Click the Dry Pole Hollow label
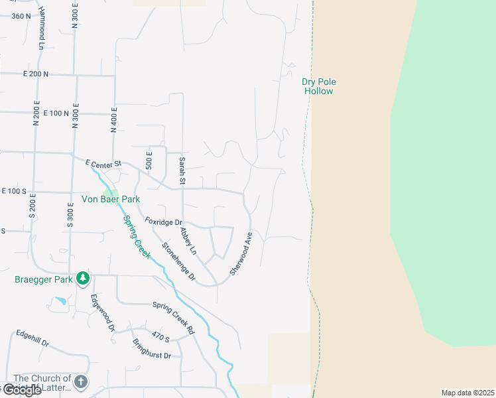[x=319, y=86]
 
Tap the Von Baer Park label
[x=111, y=199]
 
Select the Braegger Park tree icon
[x=82, y=277]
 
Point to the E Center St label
[x=105, y=163]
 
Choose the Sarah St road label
[x=182, y=171]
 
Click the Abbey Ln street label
[x=188, y=237]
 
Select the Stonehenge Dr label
[x=179, y=261]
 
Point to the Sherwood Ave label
[x=241, y=253]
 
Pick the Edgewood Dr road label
[x=103, y=314]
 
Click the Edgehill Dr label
[x=32, y=338]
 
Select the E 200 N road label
[x=36, y=74]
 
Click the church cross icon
[x=81, y=381]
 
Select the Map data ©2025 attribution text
[x=467, y=393]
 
